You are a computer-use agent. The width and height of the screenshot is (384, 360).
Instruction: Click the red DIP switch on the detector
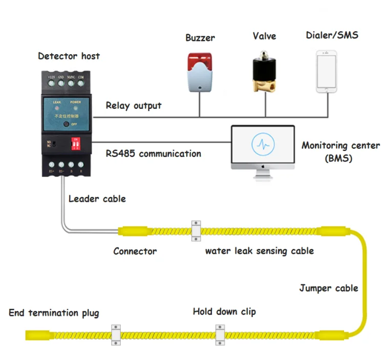click(x=77, y=144)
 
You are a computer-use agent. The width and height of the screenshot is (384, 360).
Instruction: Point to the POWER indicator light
click(x=76, y=108)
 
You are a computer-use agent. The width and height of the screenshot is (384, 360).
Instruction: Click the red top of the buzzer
click(x=199, y=60)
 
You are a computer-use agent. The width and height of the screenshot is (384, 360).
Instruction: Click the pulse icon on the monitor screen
click(x=263, y=144)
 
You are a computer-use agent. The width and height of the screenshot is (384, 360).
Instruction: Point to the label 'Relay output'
click(x=133, y=106)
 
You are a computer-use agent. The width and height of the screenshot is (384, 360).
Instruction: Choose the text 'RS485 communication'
click(x=153, y=153)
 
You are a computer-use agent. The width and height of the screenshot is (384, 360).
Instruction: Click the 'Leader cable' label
click(x=97, y=198)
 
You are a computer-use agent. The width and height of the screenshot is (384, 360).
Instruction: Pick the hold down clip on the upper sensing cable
click(x=196, y=230)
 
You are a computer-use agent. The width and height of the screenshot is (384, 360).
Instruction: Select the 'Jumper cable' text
click(x=328, y=288)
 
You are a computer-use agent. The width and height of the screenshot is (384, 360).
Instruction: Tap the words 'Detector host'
click(x=69, y=56)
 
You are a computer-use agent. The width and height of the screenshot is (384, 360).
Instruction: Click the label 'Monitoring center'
click(x=340, y=146)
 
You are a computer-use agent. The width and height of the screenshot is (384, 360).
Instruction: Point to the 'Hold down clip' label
click(x=224, y=311)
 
